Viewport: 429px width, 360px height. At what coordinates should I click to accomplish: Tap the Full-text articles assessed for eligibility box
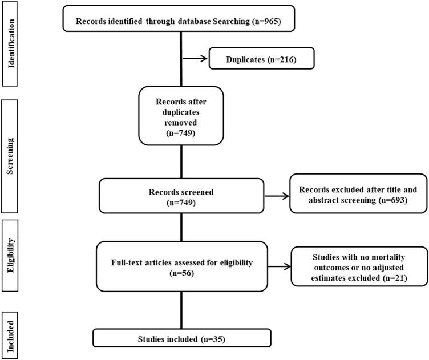[x=181, y=265]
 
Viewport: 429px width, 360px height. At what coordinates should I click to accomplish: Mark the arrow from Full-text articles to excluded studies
[x=278, y=266]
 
